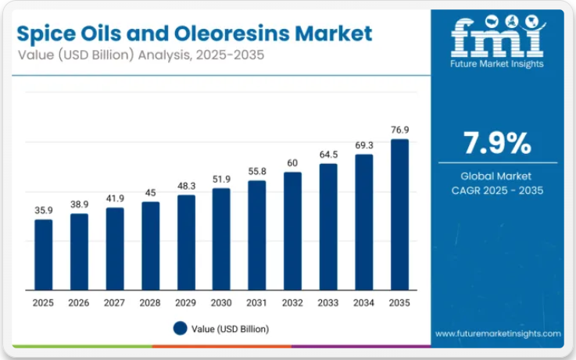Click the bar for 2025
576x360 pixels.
tap(44, 254)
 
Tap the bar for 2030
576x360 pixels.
tap(221, 238)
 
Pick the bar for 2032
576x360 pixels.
tap(292, 230)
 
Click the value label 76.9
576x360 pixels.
tap(399, 129)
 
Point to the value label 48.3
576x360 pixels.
tap(186, 186)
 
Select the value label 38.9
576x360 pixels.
tap(80, 204)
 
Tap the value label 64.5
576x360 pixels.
tap(328, 154)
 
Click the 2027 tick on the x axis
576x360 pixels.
tap(115, 302)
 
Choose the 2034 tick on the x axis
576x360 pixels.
tap(363, 302)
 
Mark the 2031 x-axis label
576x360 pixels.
tap(257, 302)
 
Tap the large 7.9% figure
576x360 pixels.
tap(497, 144)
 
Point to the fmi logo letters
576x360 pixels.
tap(496, 38)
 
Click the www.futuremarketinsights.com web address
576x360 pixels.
tap(498, 333)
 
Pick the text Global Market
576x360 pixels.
tap(497, 176)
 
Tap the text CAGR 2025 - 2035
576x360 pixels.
tap(497, 191)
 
